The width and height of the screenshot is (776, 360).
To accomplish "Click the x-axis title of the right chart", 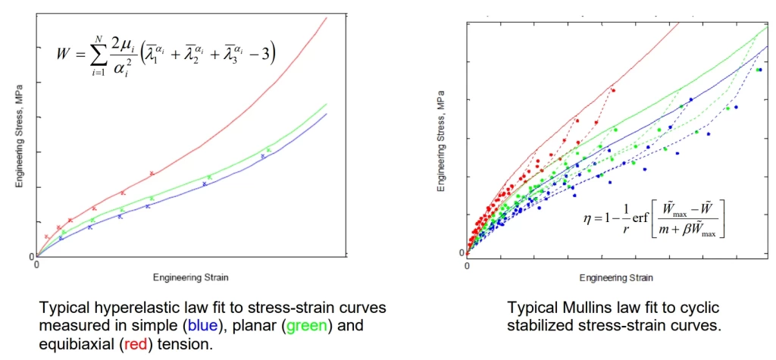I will pos(615,278).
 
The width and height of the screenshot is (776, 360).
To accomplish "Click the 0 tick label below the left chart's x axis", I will pos(36,266).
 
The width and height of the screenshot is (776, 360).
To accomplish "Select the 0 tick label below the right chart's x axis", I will pos(467,267).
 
